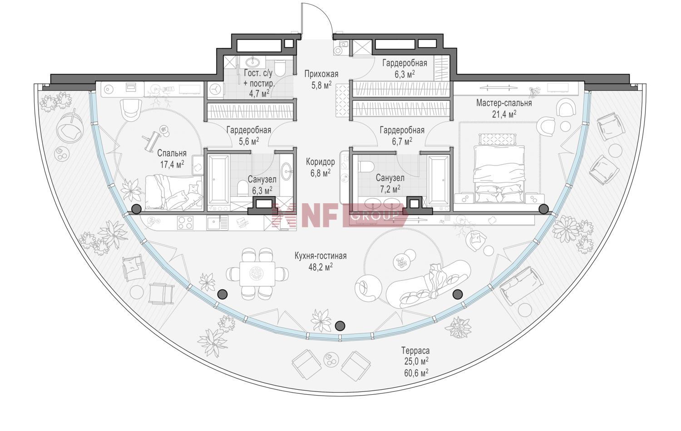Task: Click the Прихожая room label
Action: (321, 74)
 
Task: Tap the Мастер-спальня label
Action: (504, 103)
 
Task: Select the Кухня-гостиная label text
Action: (321, 256)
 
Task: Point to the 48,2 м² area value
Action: (321, 267)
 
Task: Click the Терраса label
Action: (415, 351)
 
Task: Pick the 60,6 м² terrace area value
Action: (416, 372)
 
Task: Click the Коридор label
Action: (321, 162)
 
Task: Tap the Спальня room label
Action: (172, 153)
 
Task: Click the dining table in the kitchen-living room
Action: (258, 274)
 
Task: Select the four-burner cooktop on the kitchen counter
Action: (185, 223)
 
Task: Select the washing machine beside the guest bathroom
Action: (216, 90)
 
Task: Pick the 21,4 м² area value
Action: (504, 114)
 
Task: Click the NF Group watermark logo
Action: (340, 215)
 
